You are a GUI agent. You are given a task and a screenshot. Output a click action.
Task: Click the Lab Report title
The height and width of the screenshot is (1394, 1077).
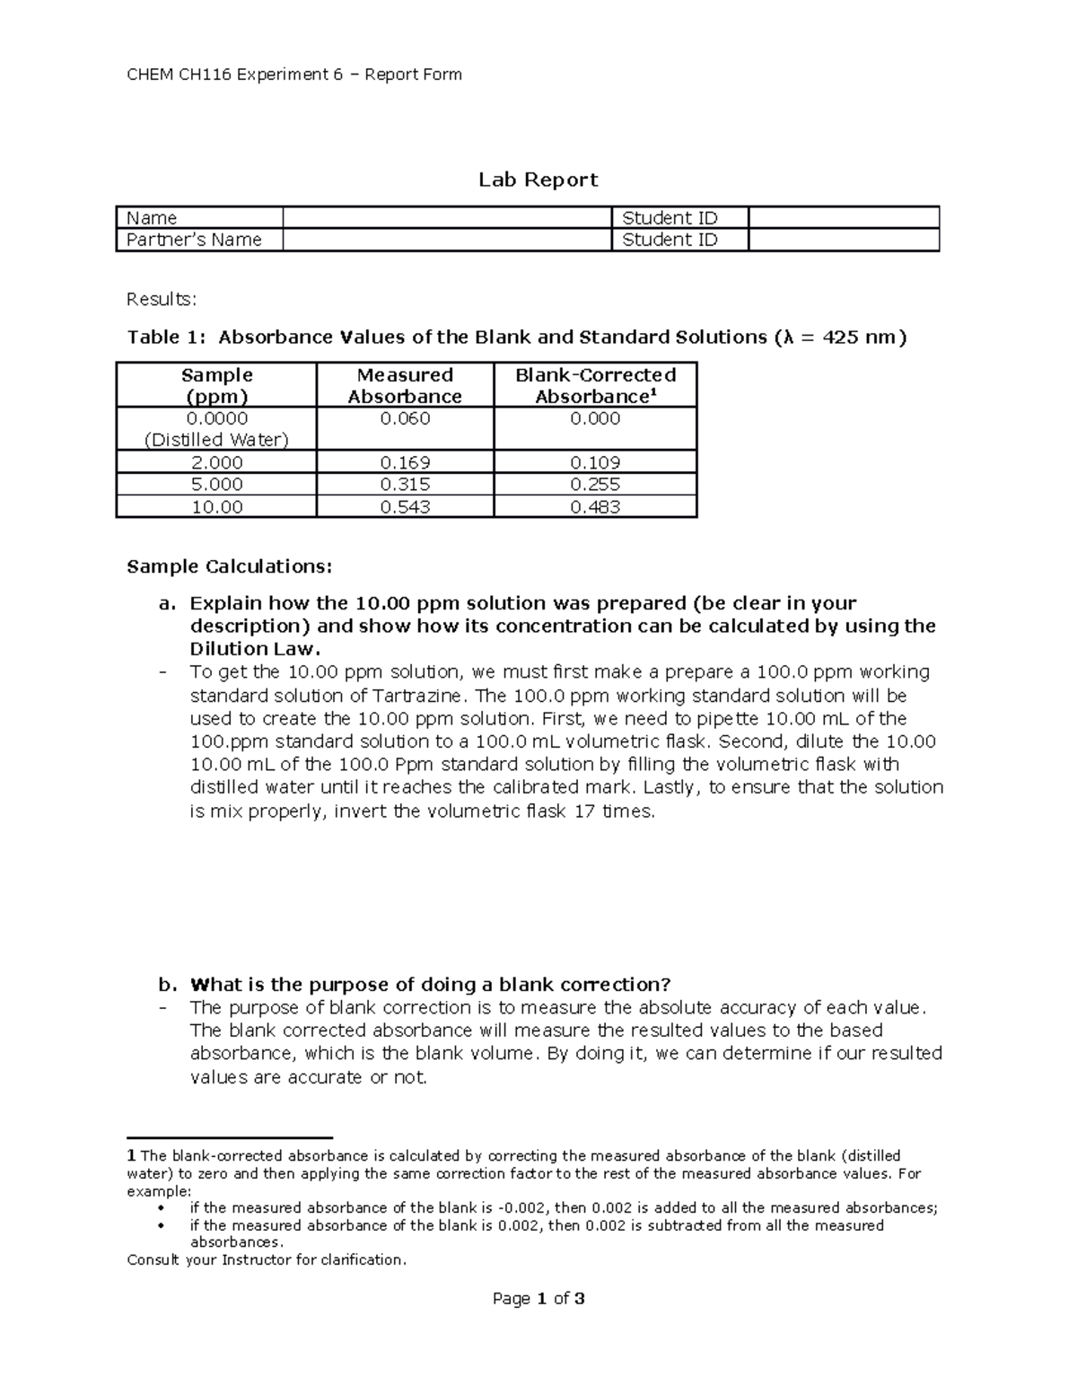538,180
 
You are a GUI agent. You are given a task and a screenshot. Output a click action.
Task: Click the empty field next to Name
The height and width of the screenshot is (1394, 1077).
446,218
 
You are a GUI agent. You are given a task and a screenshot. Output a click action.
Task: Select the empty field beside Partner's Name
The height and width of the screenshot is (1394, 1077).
446,240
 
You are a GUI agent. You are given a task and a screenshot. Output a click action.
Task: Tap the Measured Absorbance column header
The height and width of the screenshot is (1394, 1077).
405,385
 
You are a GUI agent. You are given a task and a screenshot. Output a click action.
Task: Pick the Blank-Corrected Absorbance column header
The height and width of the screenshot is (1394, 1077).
595,385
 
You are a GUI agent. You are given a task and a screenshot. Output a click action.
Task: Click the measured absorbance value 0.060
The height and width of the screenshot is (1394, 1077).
405,419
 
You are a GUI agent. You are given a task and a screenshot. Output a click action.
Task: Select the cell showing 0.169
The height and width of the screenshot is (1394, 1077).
405,463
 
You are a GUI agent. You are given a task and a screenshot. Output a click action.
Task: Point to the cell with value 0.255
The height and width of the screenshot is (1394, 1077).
595,485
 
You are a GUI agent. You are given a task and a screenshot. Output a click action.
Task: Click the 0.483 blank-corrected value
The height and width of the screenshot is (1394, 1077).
595,507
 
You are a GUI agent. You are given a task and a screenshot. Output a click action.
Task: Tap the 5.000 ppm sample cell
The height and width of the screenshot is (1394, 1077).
216,485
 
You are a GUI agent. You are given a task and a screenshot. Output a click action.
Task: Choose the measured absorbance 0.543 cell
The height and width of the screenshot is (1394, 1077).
405,507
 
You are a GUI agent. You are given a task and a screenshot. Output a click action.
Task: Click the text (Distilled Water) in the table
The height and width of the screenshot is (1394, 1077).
216,440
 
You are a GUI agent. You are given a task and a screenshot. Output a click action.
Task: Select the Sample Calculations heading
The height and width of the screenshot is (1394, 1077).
230,566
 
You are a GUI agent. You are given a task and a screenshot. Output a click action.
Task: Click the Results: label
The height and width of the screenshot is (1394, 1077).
162,299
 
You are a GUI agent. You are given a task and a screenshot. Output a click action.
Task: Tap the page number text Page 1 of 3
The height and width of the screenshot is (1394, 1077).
538,1299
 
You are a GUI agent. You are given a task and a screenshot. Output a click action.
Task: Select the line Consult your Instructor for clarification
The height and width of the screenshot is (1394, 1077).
267,1260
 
